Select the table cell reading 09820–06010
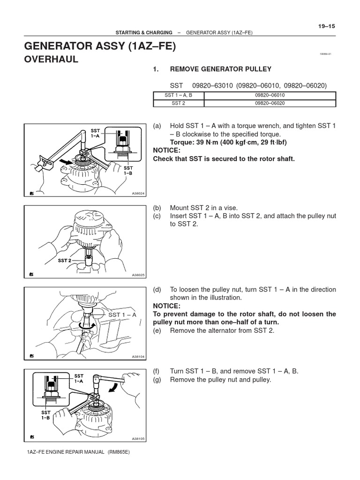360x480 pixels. (270, 95)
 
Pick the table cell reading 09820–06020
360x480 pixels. (270, 103)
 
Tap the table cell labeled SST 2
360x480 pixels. (179, 103)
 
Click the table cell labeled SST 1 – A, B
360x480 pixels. (179, 95)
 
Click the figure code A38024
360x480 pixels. (138, 194)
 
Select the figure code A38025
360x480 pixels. (138, 275)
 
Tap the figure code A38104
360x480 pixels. (138, 357)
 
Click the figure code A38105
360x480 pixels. (138, 439)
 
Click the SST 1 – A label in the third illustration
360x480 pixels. (122, 315)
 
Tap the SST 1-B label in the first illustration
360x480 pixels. (128, 170)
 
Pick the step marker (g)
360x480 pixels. (157, 379)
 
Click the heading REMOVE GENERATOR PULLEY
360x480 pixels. (220, 69)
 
